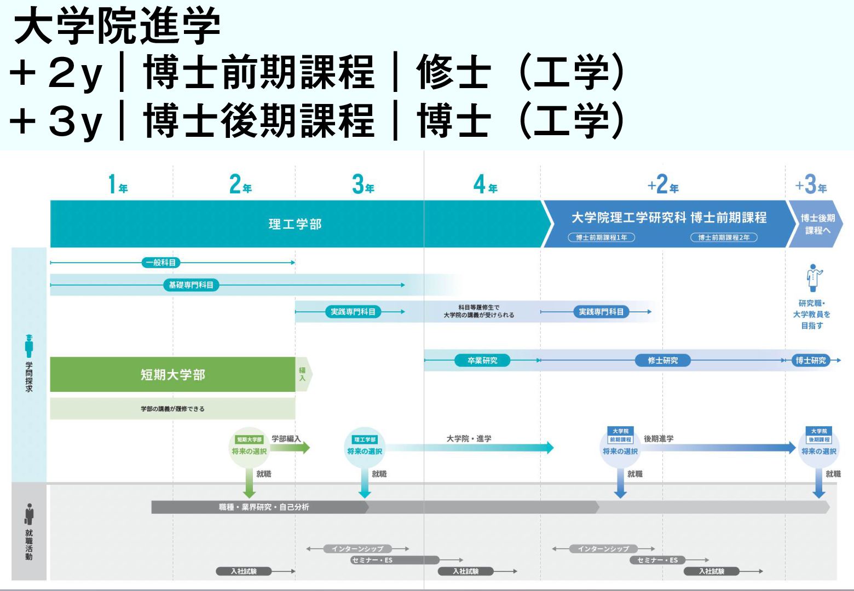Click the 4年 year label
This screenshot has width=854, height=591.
(x=485, y=185)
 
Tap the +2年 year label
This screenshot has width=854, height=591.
(x=663, y=185)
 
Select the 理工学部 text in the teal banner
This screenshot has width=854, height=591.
(x=295, y=224)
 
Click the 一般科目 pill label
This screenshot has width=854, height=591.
(x=160, y=263)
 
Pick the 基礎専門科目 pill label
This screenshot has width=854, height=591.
(x=191, y=285)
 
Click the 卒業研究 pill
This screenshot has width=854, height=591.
(x=482, y=361)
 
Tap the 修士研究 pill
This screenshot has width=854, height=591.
(x=662, y=361)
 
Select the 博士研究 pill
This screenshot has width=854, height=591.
(x=811, y=361)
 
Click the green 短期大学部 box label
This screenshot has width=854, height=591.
(x=172, y=375)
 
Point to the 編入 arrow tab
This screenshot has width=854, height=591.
(x=303, y=374)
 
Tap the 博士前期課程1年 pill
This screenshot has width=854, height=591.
(x=601, y=237)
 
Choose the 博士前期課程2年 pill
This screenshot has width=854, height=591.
(x=724, y=237)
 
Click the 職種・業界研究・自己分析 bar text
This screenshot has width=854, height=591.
(x=264, y=507)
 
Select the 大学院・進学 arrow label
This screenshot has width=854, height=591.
(x=469, y=439)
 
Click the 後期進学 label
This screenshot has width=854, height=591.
(x=659, y=439)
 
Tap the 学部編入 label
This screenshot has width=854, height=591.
(x=286, y=439)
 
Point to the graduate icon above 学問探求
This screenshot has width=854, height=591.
(x=29, y=346)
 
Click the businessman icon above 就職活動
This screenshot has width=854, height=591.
(x=29, y=514)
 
